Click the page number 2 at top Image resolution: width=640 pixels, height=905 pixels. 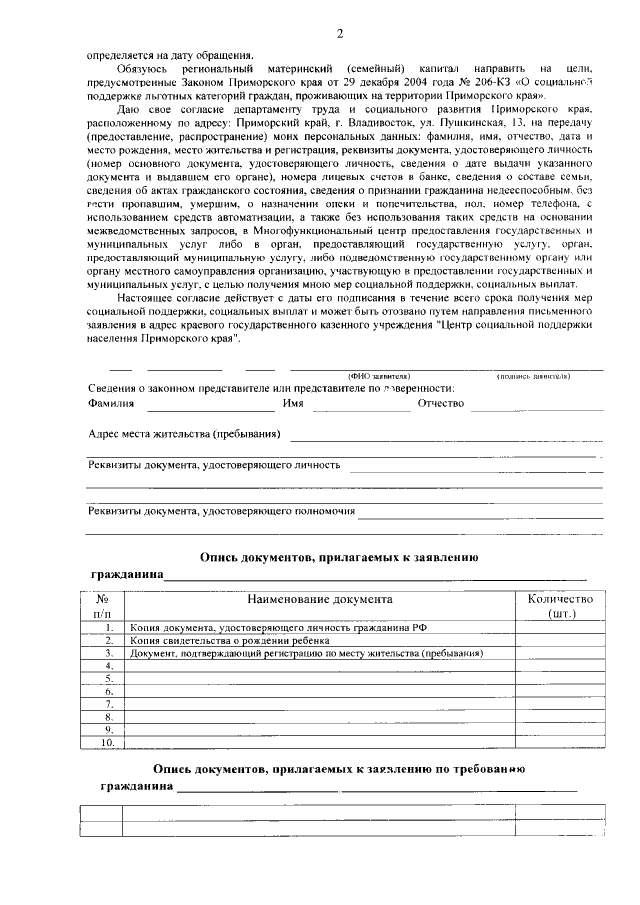(339, 36)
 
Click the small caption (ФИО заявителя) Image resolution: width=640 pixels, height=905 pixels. (372, 375)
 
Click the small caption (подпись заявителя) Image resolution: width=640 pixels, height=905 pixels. (533, 375)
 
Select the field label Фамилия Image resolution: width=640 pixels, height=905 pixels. (111, 403)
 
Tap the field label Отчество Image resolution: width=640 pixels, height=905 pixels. (441, 403)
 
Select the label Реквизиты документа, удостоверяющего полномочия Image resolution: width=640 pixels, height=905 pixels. (221, 511)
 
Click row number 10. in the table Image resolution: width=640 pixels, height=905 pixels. (107, 743)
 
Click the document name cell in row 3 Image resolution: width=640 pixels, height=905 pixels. (306, 653)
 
